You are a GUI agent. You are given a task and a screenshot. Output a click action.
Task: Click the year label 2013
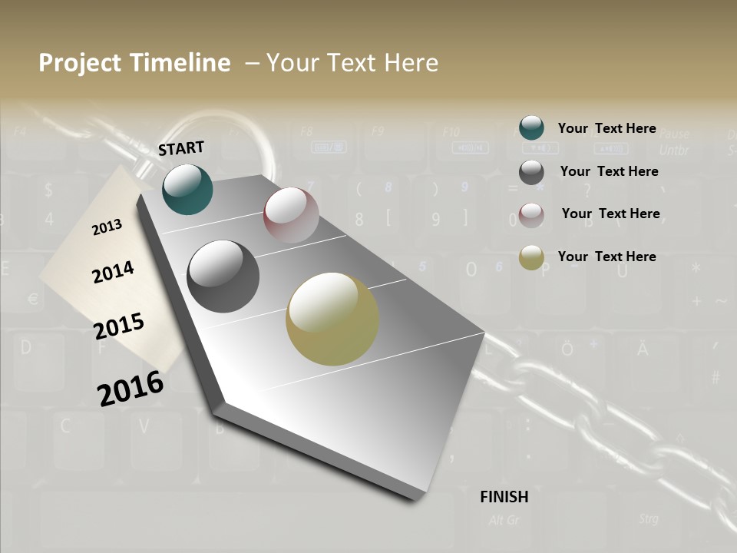(107, 227)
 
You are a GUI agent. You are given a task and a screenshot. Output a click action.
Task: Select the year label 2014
(113, 272)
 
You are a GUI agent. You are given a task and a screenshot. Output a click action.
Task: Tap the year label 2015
(119, 326)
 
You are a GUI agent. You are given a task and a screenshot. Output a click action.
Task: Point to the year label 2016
(131, 388)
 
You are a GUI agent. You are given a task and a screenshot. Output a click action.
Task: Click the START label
(181, 148)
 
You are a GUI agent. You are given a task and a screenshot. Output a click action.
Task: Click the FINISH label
(504, 497)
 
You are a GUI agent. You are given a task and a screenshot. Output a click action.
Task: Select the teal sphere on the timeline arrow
(187, 189)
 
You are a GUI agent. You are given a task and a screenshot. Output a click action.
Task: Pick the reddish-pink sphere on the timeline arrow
(291, 214)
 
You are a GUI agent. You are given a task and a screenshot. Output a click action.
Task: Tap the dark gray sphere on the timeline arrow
(223, 276)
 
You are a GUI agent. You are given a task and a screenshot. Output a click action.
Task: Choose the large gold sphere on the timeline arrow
(332, 319)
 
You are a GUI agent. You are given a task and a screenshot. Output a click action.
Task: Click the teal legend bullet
(531, 127)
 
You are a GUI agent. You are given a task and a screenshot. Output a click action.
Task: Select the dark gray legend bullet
(531, 172)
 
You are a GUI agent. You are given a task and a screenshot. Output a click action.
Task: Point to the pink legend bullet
(531, 214)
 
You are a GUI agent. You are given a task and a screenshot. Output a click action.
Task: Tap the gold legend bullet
(531, 257)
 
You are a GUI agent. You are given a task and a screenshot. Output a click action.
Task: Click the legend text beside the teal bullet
(606, 128)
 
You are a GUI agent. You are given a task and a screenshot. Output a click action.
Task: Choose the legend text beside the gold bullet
(606, 257)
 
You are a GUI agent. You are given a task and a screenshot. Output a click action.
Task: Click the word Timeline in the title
(180, 63)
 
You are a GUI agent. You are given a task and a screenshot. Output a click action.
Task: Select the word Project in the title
(78, 63)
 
